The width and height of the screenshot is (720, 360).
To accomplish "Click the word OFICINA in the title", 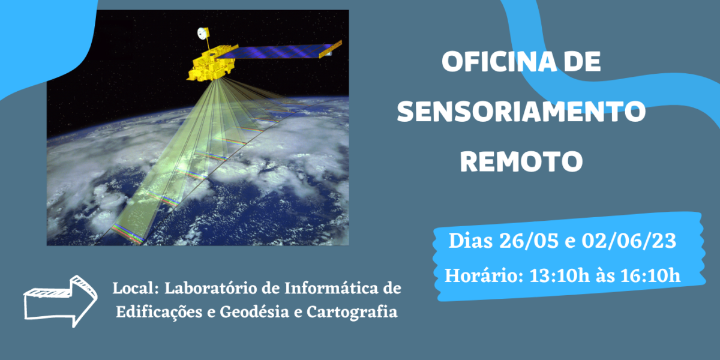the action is [x=499, y=61].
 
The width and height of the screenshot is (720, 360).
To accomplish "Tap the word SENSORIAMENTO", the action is [x=521, y=111].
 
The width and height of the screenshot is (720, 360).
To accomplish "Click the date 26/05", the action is [x=529, y=241].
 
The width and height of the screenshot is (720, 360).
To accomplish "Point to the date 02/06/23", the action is [x=629, y=241].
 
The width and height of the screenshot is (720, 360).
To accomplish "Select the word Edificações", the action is [x=159, y=312].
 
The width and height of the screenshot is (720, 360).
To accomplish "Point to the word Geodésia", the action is [x=254, y=312].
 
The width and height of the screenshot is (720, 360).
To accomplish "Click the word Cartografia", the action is [x=352, y=312].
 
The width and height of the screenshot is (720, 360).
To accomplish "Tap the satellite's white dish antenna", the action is [x=202, y=33].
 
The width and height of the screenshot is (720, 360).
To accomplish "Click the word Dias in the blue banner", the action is [x=470, y=241].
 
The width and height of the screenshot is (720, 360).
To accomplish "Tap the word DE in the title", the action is [x=582, y=61].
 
